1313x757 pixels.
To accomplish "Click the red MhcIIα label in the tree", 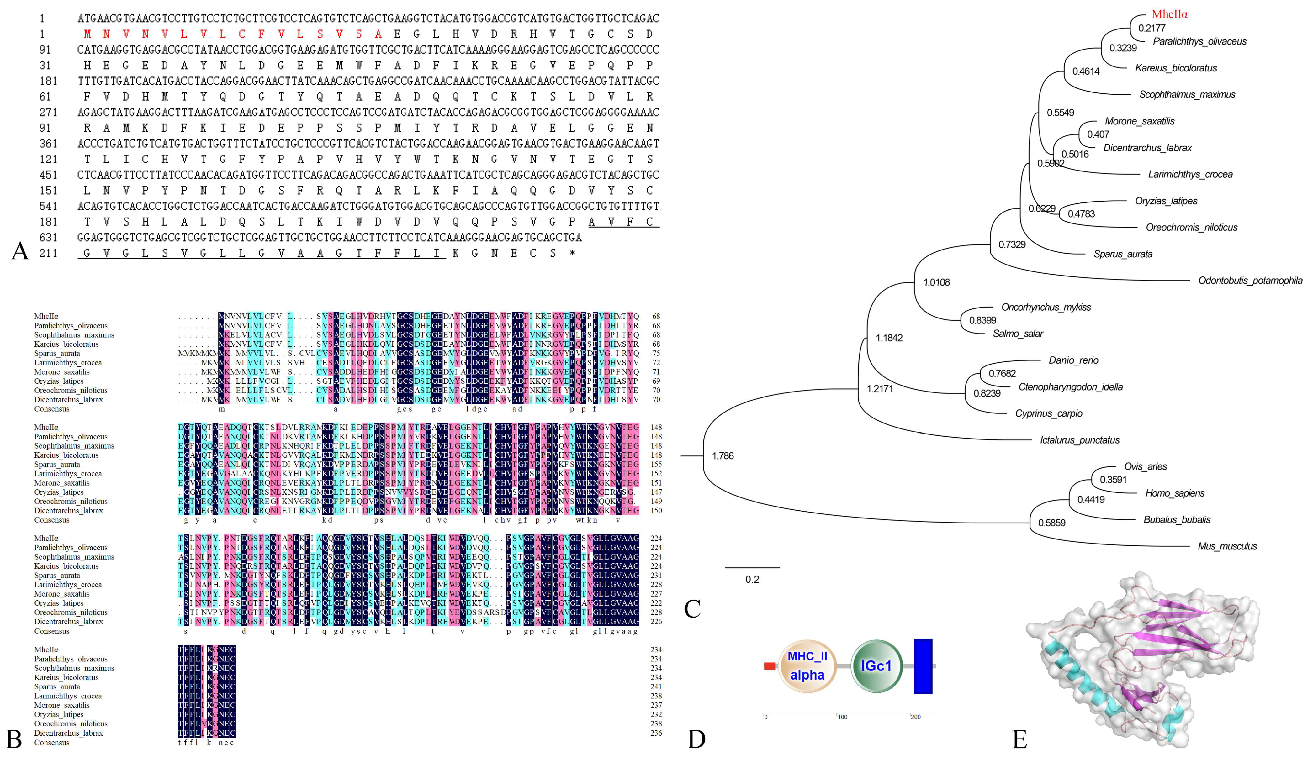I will click(1169, 14).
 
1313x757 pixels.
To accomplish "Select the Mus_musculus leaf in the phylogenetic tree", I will click(1227, 546).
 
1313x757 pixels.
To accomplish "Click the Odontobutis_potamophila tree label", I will click(1250, 281).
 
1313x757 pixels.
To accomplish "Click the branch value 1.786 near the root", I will click(722, 456).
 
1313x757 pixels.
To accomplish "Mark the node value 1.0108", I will click(936, 282).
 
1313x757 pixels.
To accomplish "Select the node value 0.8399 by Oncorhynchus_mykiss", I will click(982, 320).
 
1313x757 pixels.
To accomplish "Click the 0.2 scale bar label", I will click(752, 579).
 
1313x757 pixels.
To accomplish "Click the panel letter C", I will click(692, 608).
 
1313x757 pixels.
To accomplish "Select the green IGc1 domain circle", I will click(876, 666).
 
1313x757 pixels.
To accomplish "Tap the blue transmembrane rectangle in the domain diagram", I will click(923, 666).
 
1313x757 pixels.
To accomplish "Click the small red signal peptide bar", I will click(770, 666).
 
